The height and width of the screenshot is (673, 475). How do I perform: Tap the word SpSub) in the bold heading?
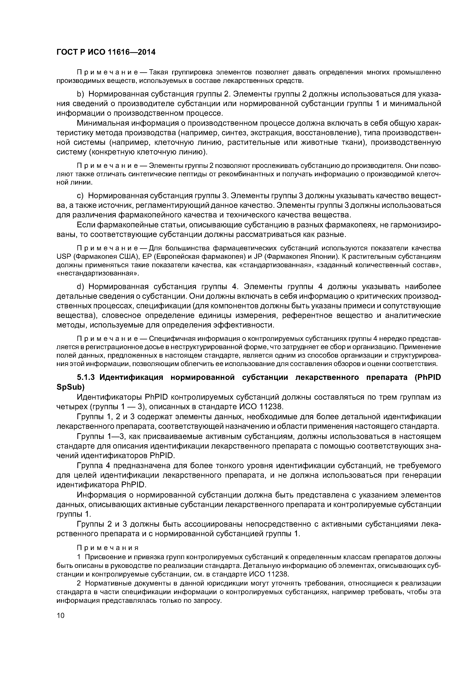(70, 387)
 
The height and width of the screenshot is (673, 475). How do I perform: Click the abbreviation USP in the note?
(63, 257)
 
